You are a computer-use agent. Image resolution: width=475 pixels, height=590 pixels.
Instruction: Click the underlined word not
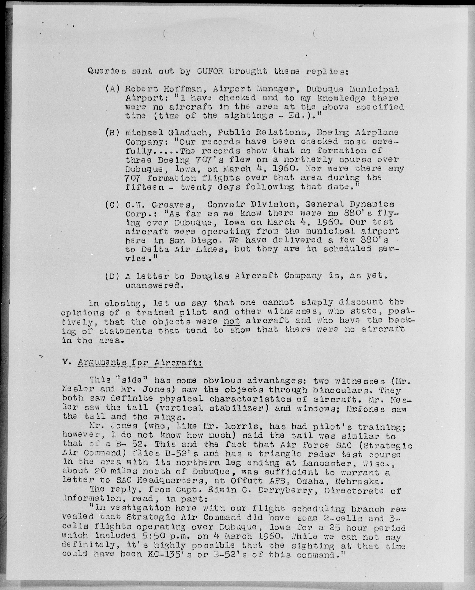coord(231,321)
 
